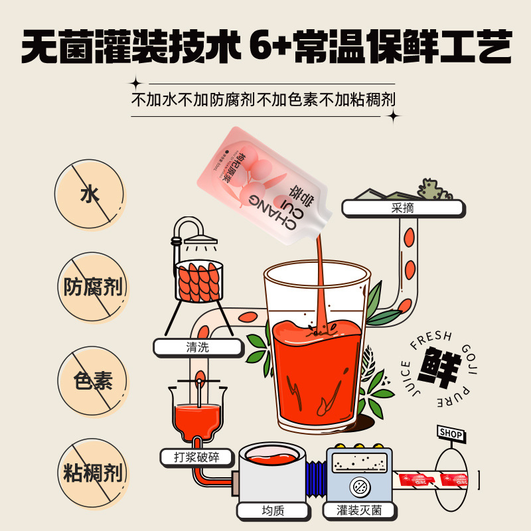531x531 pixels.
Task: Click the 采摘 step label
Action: (403, 208)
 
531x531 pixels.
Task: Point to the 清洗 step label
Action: (198, 346)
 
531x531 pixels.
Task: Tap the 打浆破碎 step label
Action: (198, 457)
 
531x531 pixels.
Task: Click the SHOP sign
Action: (451, 433)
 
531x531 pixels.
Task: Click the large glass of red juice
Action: (317, 345)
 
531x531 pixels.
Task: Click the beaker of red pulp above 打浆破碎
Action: (197, 415)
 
